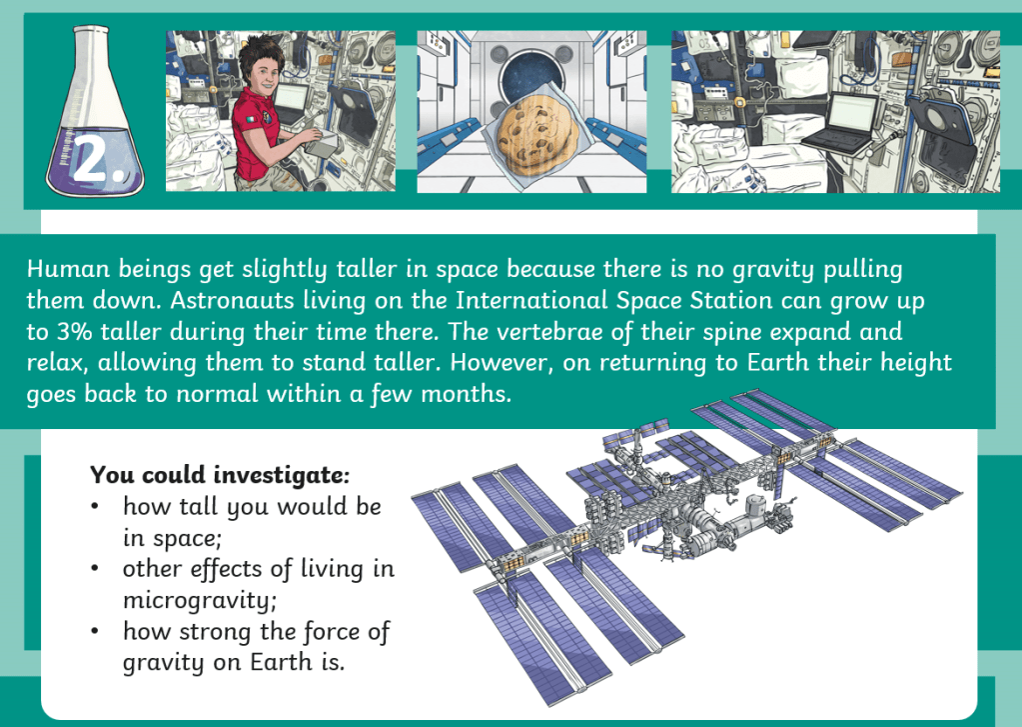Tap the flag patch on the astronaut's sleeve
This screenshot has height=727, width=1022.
pos(251,121)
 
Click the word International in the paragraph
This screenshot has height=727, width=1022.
pos(531,300)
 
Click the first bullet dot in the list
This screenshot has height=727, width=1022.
pos(95,506)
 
